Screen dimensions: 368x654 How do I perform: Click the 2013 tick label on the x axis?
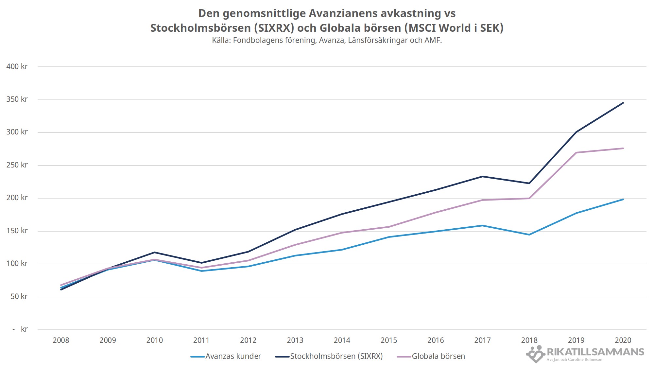pyautogui.click(x=295, y=340)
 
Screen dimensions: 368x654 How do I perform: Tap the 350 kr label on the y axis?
pyautogui.click(x=17, y=99)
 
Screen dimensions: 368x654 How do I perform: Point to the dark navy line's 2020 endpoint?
pyautogui.click(x=623, y=103)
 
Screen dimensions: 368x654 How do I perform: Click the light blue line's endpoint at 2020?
pyautogui.click(x=623, y=200)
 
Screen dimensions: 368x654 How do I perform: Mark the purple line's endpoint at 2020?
pyautogui.click(x=623, y=149)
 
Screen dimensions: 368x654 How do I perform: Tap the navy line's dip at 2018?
pyautogui.click(x=529, y=183)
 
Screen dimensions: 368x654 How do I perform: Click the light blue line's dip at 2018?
pyautogui.click(x=529, y=235)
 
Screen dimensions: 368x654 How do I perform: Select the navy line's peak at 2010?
pyautogui.click(x=154, y=253)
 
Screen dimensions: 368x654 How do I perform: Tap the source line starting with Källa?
pyautogui.click(x=327, y=41)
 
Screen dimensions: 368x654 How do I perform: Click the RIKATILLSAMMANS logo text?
pyautogui.click(x=595, y=352)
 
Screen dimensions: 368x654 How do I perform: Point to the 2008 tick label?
pyautogui.click(x=61, y=340)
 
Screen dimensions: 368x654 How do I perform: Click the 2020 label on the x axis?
pyautogui.click(x=623, y=340)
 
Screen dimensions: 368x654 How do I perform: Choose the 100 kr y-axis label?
pyautogui.click(x=17, y=263)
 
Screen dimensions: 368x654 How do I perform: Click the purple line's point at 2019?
pyautogui.click(x=576, y=153)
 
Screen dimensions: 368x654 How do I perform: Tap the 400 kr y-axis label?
pyautogui.click(x=17, y=66)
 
